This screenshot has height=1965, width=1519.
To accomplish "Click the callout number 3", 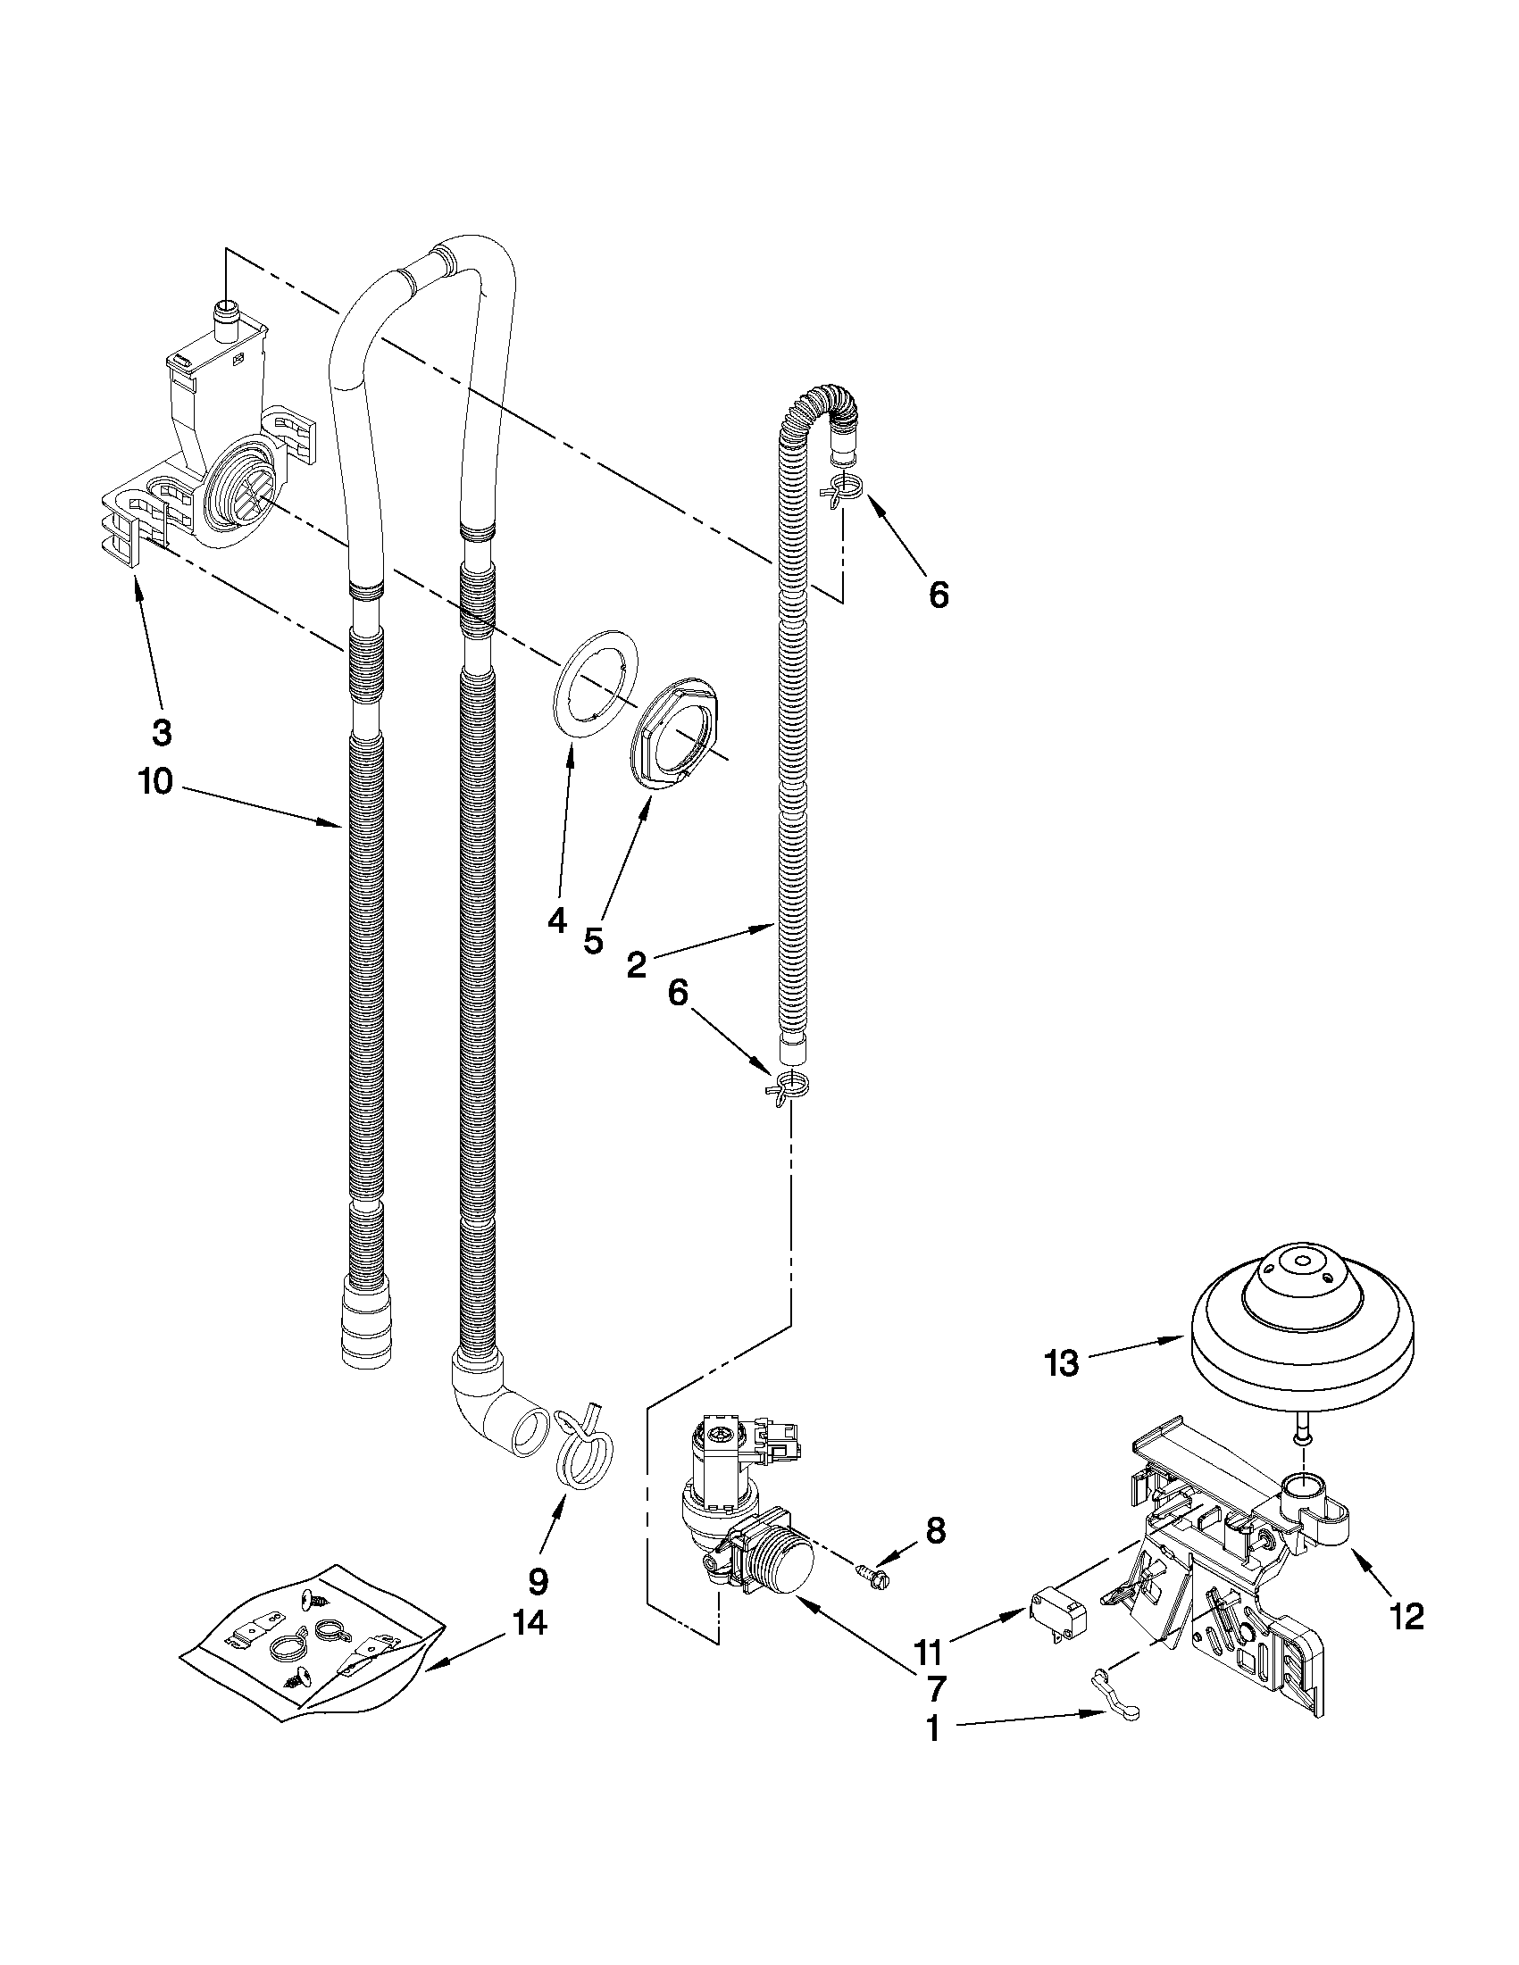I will tap(161, 733).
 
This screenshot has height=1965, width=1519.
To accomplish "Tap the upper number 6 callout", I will tap(938, 595).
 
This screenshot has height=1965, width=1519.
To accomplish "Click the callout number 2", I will tap(636, 965).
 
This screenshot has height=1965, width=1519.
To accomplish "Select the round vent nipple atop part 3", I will tap(226, 317).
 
